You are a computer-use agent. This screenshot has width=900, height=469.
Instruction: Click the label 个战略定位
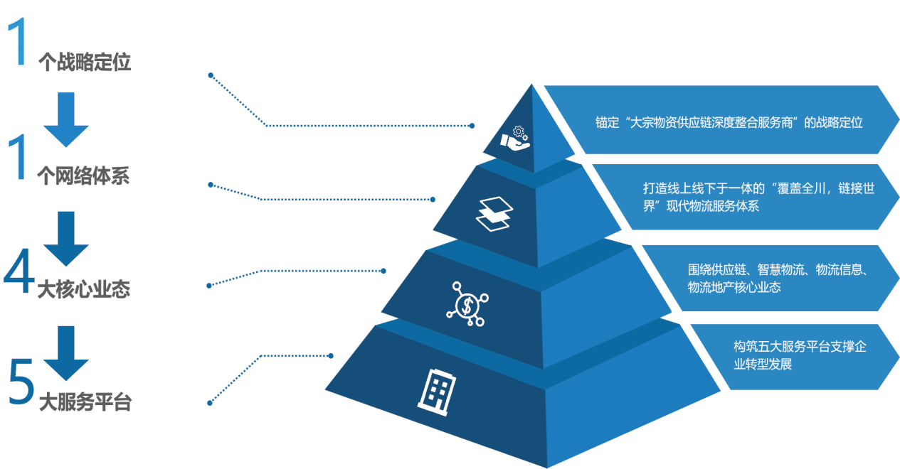click(x=84, y=63)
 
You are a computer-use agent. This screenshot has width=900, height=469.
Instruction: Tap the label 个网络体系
click(x=83, y=176)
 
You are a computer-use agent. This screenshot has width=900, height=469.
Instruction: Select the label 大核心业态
click(x=83, y=290)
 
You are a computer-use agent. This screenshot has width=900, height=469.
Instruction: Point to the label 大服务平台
click(x=85, y=403)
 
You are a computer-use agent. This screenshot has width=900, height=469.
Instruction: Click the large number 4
click(x=18, y=274)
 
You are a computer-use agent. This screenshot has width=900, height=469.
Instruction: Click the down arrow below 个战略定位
click(x=66, y=119)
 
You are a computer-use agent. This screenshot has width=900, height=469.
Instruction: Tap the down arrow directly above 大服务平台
click(x=66, y=352)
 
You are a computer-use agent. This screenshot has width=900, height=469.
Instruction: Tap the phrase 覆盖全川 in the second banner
click(x=789, y=189)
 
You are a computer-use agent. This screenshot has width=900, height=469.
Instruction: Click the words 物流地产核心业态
click(x=734, y=288)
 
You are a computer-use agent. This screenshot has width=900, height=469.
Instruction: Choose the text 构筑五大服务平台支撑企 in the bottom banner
click(x=799, y=347)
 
